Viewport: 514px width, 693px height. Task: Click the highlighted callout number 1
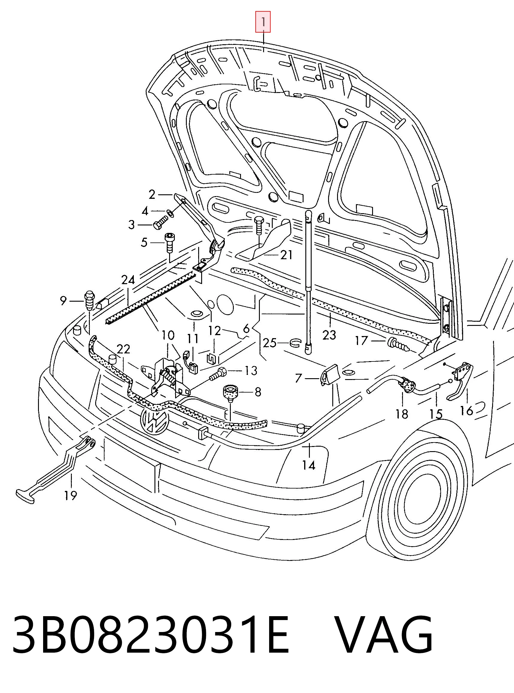263,22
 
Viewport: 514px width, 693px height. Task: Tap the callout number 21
286,255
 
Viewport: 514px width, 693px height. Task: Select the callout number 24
128,280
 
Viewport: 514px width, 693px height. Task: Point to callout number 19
71,495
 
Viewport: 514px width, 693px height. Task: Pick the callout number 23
329,335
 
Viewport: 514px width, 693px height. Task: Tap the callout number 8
258,392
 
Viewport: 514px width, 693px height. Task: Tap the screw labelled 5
169,243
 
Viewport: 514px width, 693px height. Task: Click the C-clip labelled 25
295,343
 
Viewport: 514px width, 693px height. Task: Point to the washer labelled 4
171,213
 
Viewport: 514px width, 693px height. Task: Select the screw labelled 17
398,345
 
